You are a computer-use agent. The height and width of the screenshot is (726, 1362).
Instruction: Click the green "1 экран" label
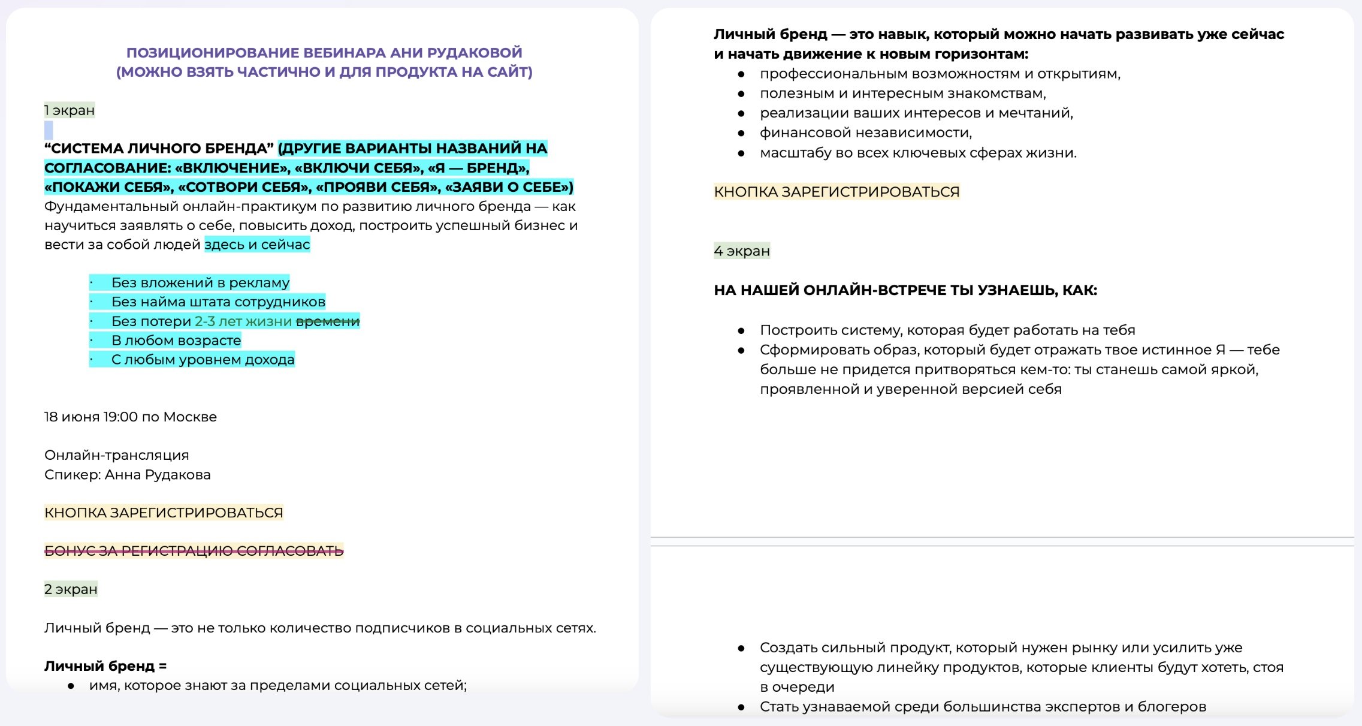(x=70, y=110)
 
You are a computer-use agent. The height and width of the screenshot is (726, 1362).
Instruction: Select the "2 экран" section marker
(x=71, y=589)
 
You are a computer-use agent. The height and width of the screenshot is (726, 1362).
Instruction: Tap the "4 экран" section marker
(x=742, y=251)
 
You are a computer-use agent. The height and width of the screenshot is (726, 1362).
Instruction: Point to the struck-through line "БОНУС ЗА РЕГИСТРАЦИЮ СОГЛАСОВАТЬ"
(x=194, y=551)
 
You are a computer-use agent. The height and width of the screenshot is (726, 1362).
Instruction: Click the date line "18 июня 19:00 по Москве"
(x=131, y=417)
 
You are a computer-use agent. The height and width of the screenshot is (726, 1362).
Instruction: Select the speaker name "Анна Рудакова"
(x=158, y=475)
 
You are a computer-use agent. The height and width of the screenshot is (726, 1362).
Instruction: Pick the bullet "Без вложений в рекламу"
(x=200, y=282)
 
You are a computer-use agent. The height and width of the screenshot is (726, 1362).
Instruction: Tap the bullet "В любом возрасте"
(x=176, y=341)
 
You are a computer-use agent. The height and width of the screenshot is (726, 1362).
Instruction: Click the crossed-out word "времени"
(x=328, y=321)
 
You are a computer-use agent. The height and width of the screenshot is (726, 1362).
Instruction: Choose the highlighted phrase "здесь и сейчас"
(x=257, y=245)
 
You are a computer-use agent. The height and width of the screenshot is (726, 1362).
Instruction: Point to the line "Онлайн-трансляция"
(x=117, y=455)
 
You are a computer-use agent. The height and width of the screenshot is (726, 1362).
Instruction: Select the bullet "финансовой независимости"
(x=865, y=132)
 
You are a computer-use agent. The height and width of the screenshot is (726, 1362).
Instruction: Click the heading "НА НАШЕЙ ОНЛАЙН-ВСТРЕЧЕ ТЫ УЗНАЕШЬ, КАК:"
(x=905, y=290)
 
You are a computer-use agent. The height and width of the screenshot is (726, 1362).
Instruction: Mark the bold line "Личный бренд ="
(x=105, y=666)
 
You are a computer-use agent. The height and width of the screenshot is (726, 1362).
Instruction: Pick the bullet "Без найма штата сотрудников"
(x=218, y=302)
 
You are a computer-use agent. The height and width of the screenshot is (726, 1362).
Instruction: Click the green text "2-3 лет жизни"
(x=243, y=321)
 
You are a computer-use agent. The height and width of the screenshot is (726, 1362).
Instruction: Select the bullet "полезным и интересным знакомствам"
(x=902, y=94)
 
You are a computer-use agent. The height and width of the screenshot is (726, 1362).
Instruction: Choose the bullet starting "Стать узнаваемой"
(x=982, y=707)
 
